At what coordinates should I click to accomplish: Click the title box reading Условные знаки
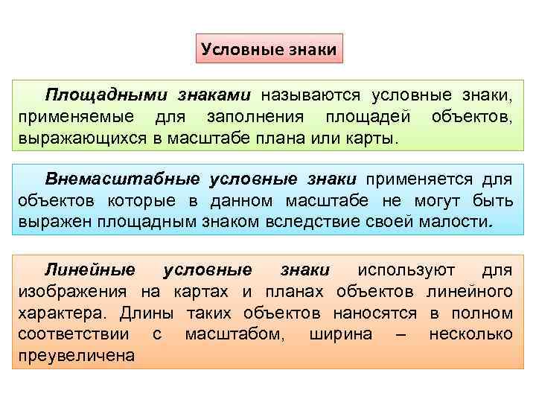pos(269,50)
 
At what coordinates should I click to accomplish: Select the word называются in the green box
pos(310,96)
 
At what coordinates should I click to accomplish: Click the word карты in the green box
pos(374,138)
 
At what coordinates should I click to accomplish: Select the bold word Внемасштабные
pos(123,179)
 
